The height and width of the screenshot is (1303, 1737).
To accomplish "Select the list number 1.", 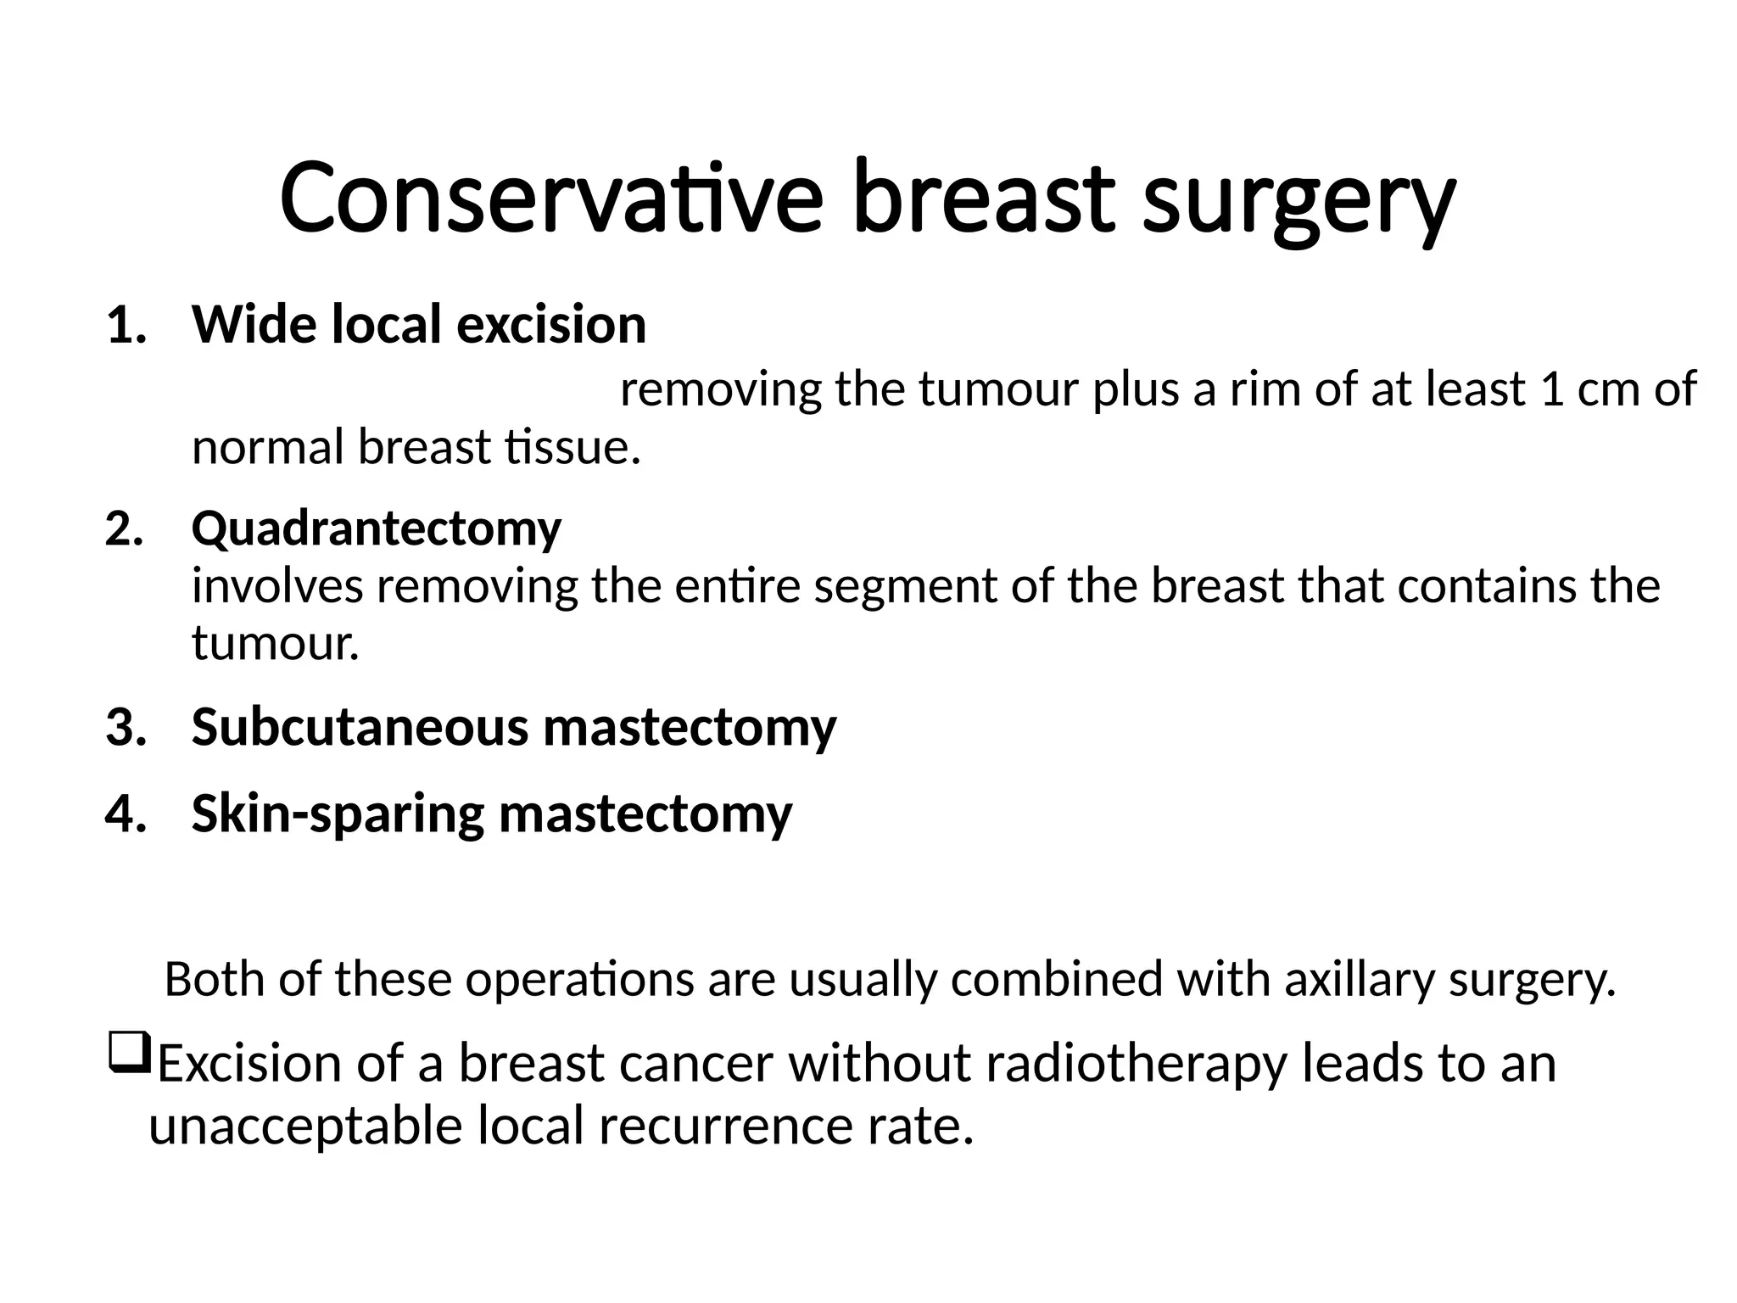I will point(126,326).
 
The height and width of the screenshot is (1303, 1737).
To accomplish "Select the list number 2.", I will point(125,529).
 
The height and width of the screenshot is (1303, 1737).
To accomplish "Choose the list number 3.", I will point(126,728).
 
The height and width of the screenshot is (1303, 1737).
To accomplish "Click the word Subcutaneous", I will point(360,728).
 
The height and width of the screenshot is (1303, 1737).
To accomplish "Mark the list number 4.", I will point(126,814).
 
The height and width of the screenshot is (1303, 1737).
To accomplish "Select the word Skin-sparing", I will point(338,815).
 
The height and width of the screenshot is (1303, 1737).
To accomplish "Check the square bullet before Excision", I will point(129,1053).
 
